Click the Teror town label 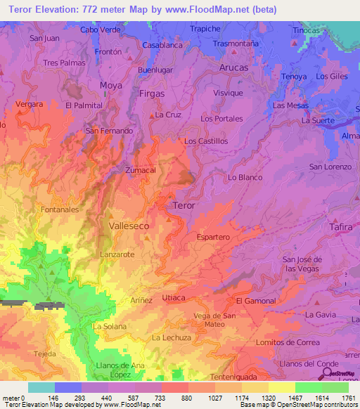tap(184, 205)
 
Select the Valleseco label tap(129, 226)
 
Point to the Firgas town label tap(152, 93)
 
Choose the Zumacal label tap(141, 170)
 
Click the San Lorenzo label tap(330, 167)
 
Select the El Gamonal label tap(256, 301)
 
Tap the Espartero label tap(213, 238)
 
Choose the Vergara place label tap(29, 104)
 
